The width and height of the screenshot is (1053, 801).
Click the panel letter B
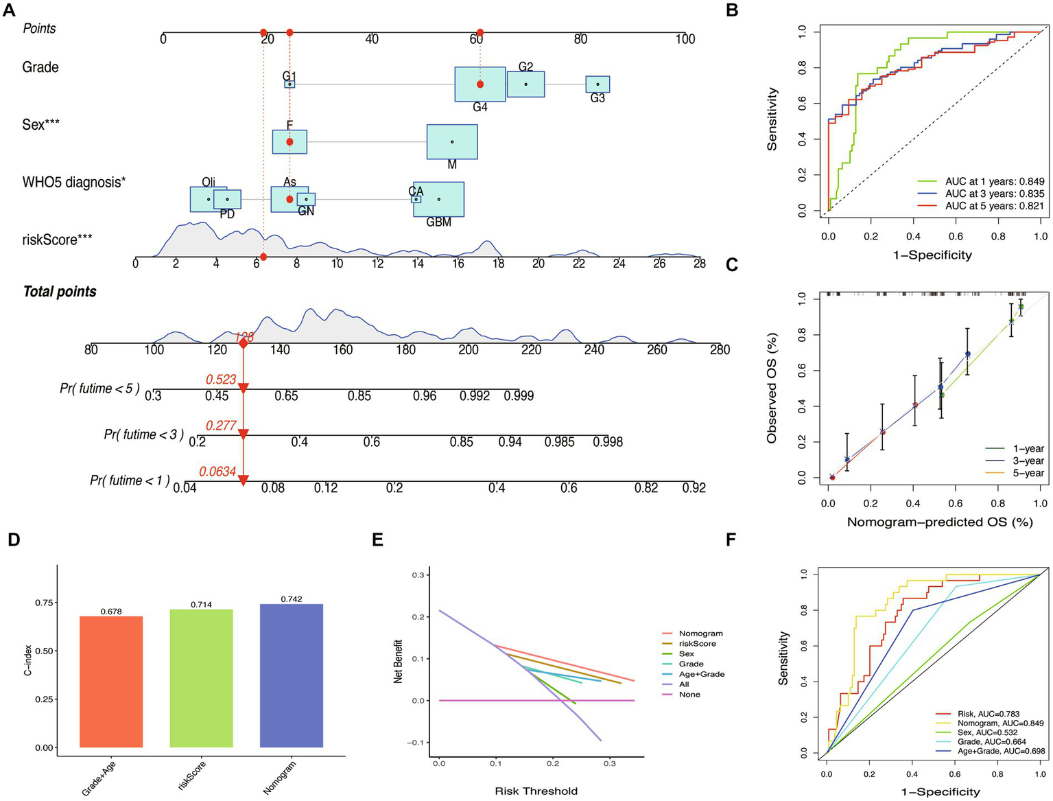pos(732,10)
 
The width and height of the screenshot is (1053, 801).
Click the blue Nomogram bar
pos(291,675)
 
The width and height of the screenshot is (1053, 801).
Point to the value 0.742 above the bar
pos(291,599)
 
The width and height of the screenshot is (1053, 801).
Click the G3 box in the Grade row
pos(598,84)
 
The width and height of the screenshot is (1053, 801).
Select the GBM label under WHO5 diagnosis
pos(438,222)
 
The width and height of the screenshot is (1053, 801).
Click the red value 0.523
pos(221,380)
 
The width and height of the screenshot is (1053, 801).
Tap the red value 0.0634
pos(217,472)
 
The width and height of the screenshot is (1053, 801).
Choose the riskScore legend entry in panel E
pos(697,644)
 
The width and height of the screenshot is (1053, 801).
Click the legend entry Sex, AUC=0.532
pos(987,732)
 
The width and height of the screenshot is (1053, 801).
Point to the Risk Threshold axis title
pos(536,791)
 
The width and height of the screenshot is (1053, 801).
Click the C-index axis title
pos(28,655)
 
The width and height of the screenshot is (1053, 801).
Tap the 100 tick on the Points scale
pos(685,40)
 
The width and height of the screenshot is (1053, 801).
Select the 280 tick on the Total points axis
pos(720,350)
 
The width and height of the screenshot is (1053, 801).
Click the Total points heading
pos(60,292)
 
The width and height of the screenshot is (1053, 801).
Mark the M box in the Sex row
pos(452,142)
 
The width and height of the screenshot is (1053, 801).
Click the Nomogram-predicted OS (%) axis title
pos(939,522)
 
